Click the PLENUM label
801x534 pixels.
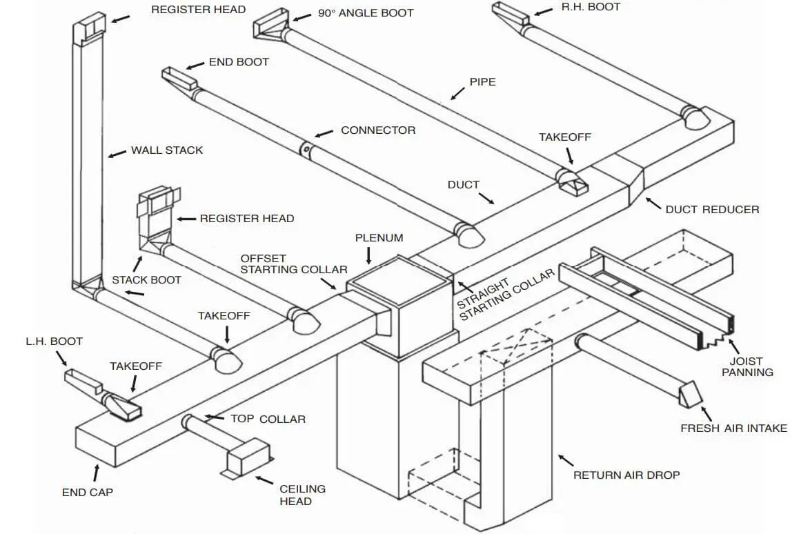pos(379,238)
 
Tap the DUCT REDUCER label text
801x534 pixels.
pos(712,209)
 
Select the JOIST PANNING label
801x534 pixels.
pos(747,366)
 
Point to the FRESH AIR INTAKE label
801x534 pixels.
pos(733,428)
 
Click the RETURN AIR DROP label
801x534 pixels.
pos(626,475)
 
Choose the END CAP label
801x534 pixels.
pos(88,493)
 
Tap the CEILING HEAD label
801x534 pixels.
pos(302,495)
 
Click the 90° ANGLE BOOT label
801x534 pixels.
pos(366,13)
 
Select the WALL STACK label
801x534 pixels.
pos(167,150)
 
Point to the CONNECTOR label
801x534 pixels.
pos(378,130)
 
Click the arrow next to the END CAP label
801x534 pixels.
pos(95,474)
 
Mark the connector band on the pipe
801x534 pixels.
pos(304,149)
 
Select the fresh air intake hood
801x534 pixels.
pos(689,395)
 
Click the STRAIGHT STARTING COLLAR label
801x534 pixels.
pos(505,295)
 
